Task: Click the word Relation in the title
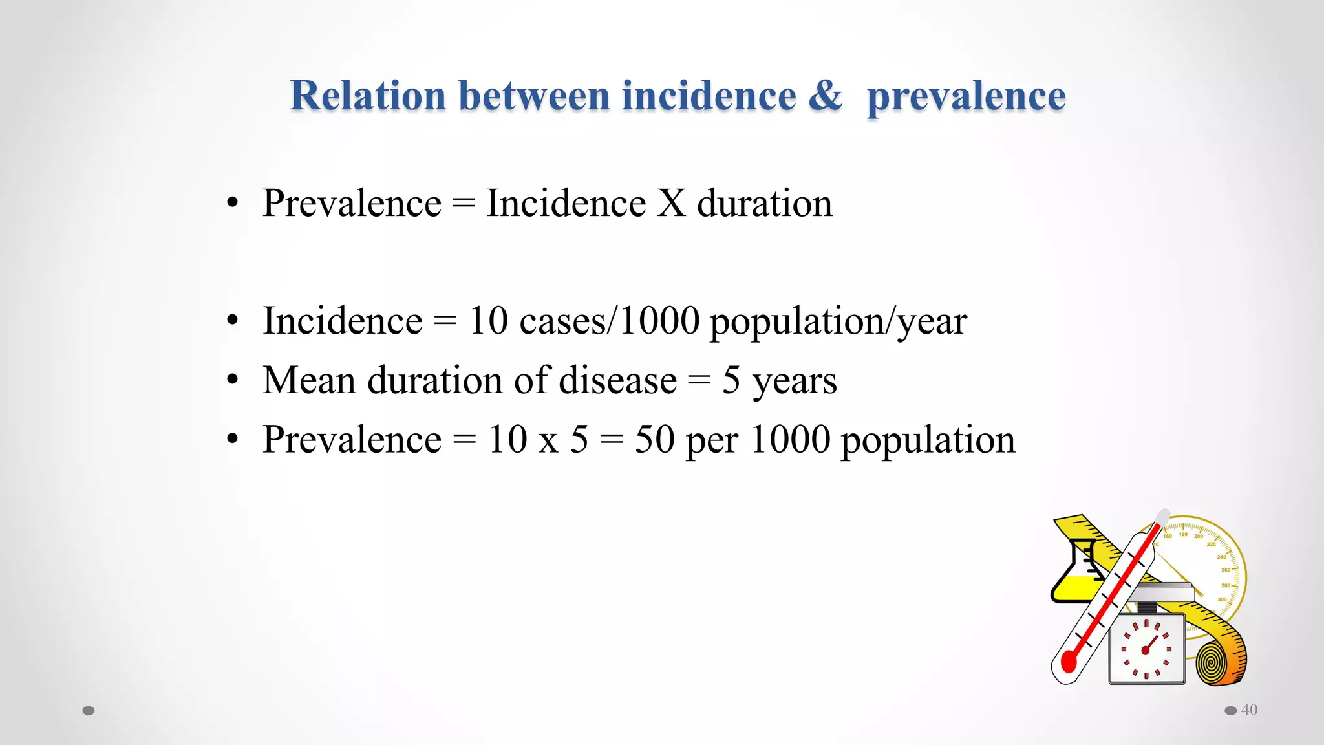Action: [x=368, y=96]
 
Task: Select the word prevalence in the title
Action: [x=966, y=97]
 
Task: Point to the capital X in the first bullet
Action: [x=671, y=203]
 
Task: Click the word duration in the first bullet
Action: [x=764, y=203]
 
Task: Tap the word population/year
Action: [x=838, y=322]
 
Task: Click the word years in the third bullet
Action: [x=795, y=382]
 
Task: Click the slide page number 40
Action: [x=1249, y=710]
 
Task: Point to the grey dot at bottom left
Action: [x=89, y=711]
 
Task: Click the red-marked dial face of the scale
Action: [x=1146, y=649]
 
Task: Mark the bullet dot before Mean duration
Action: [x=233, y=380]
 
